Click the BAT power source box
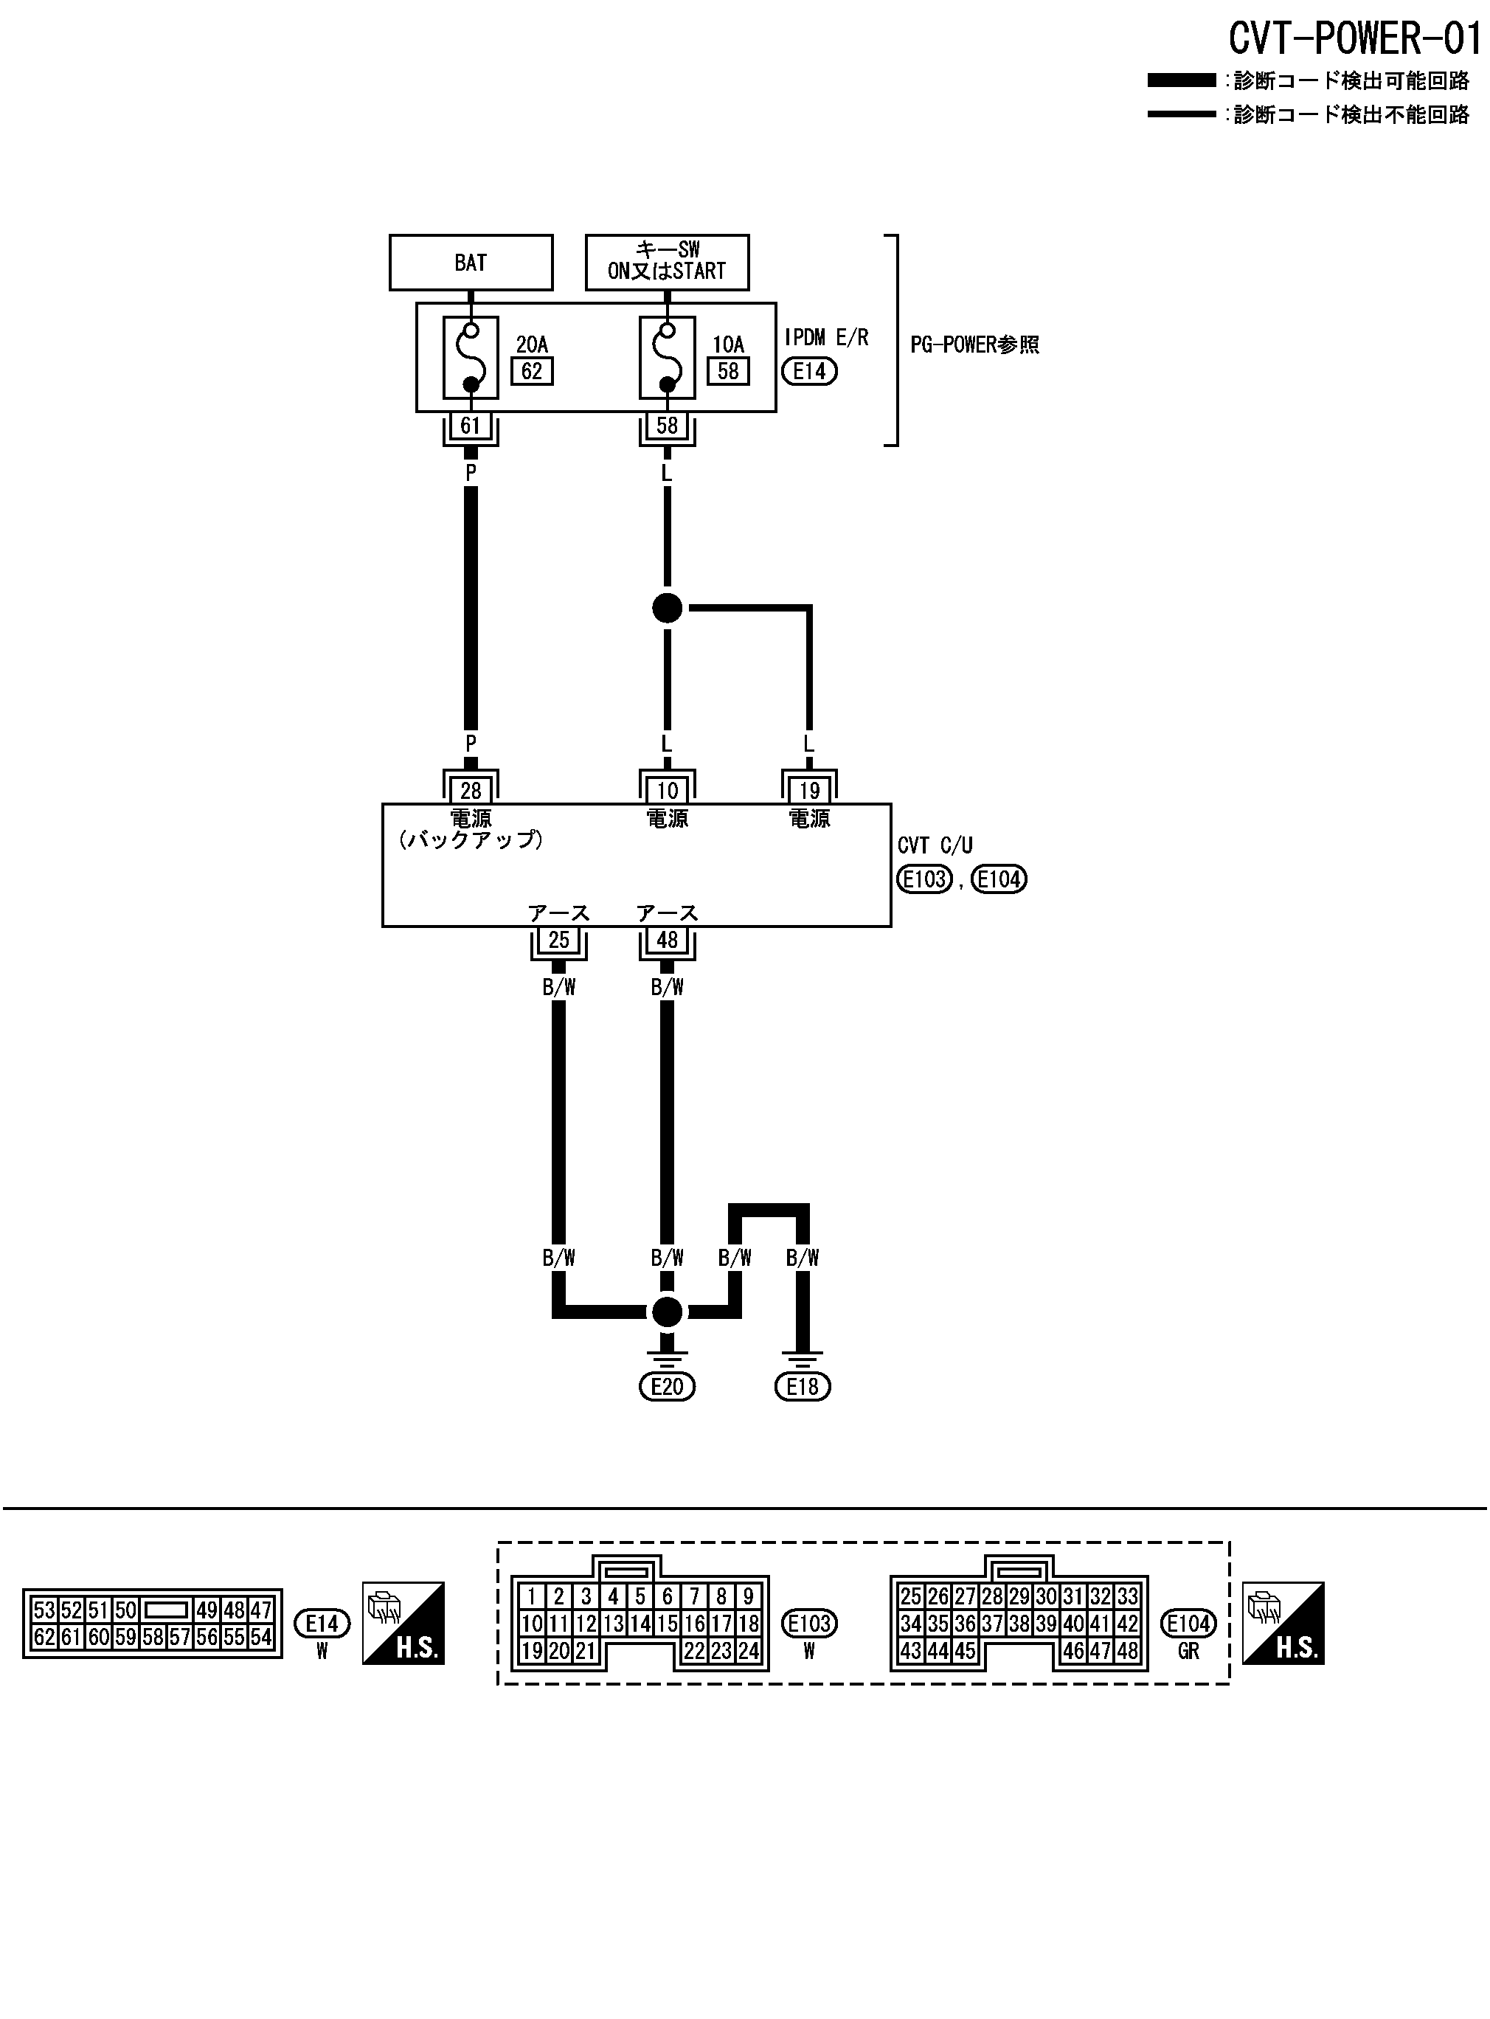[470, 263]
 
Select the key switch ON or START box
[667, 262]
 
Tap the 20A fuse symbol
[471, 357]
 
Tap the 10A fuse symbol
[667, 357]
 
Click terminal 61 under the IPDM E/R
[470, 426]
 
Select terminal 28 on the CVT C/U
[470, 791]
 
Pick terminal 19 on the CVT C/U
[809, 791]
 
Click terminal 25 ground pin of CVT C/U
[558, 940]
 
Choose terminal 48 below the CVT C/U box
[667, 940]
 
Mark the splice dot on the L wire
[668, 608]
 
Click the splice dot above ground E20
[668, 1312]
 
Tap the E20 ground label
[667, 1386]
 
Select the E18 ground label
[802, 1386]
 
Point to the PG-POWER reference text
[974, 345]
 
